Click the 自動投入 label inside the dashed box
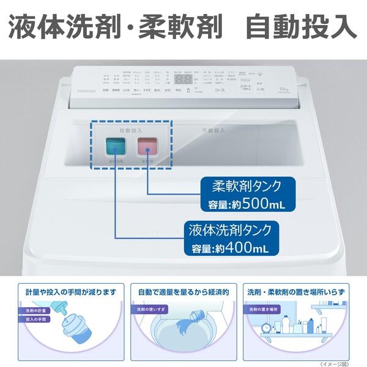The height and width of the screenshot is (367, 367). click(x=130, y=130)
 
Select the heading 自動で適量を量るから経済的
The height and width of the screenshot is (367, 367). click(x=183, y=292)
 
